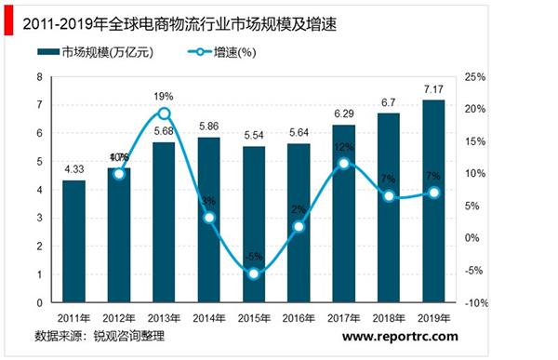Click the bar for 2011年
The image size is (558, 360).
(74, 241)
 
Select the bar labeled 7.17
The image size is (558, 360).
(433, 201)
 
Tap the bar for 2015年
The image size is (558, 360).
(254, 224)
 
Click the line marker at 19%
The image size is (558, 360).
(164, 113)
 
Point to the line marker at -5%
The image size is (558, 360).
(254, 273)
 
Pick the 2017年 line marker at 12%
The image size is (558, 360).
(344, 164)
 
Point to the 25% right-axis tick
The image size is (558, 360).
(474, 76)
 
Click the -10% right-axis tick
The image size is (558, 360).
(474, 303)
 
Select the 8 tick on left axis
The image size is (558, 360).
(40, 76)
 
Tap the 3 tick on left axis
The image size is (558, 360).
(40, 218)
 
